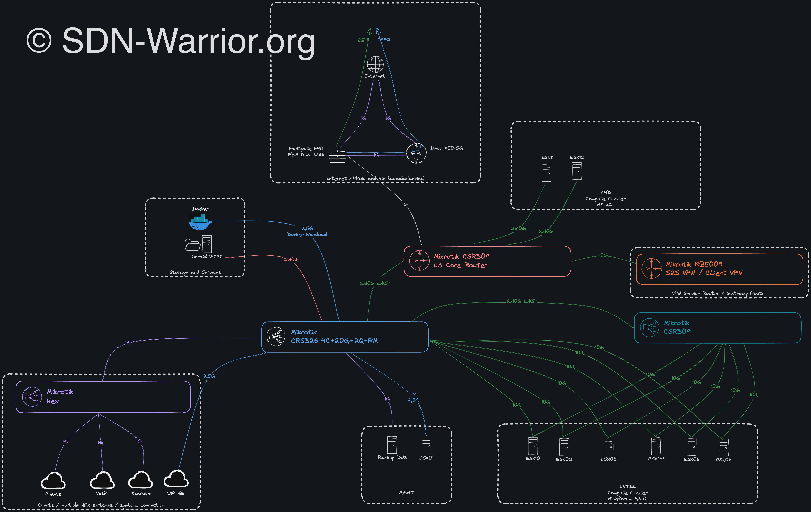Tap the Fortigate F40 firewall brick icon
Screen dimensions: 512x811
[x=337, y=155]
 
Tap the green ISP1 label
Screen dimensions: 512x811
[x=362, y=40]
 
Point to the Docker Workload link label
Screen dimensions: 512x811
[x=307, y=234]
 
